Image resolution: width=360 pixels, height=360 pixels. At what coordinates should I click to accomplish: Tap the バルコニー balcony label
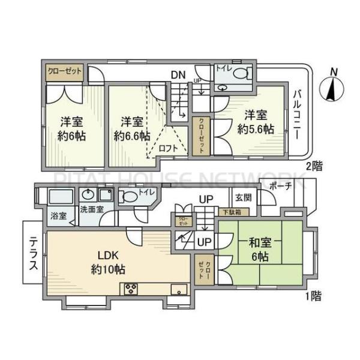[x=297, y=115]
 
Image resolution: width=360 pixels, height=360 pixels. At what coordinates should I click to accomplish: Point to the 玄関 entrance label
[x=243, y=197]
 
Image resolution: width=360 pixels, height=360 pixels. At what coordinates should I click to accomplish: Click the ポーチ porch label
[x=280, y=186]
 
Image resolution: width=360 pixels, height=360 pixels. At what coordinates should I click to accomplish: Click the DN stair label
[x=178, y=75]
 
